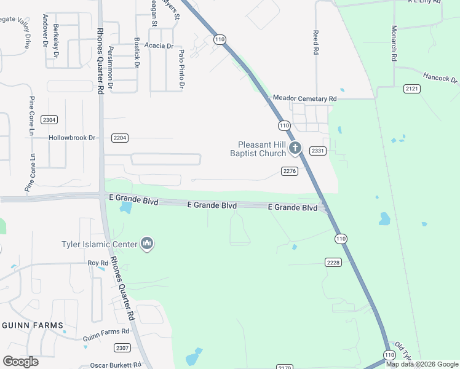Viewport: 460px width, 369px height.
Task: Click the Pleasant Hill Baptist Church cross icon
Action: [295, 148]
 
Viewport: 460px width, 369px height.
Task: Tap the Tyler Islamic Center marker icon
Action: [146, 244]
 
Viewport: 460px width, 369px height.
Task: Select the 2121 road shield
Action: [412, 89]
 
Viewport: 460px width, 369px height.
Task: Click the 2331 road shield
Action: [317, 151]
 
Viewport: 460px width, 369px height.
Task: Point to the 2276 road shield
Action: [290, 170]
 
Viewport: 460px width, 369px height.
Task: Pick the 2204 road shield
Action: [120, 138]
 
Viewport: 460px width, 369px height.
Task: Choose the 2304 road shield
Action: [49, 119]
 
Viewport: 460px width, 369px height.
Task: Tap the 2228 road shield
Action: [333, 263]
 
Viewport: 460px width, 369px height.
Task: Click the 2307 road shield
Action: [122, 347]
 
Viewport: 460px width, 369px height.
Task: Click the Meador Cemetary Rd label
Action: [305, 98]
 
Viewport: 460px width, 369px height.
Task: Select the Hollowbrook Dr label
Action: [73, 138]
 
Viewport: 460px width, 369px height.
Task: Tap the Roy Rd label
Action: [98, 263]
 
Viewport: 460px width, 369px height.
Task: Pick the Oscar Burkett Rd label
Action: [116, 365]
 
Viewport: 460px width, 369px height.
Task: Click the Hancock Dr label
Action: [440, 79]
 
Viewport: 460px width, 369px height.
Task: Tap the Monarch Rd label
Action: [394, 43]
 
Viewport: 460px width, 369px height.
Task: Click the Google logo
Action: [20, 361]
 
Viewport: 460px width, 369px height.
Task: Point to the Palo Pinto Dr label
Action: [181, 71]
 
